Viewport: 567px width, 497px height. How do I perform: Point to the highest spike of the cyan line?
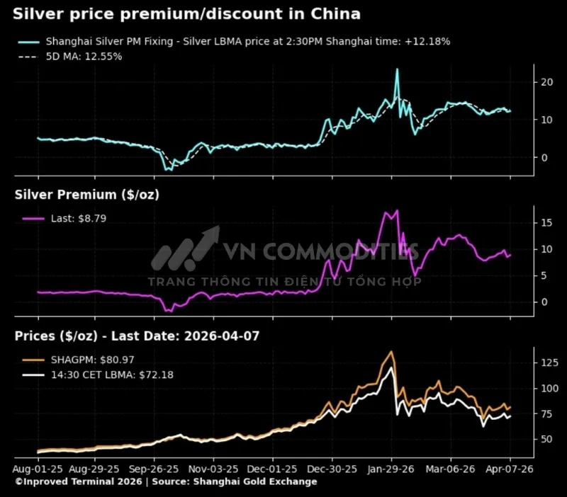tap(397, 69)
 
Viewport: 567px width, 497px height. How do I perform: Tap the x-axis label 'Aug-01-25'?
tap(38, 469)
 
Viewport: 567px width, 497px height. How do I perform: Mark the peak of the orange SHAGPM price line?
tap(391, 352)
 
